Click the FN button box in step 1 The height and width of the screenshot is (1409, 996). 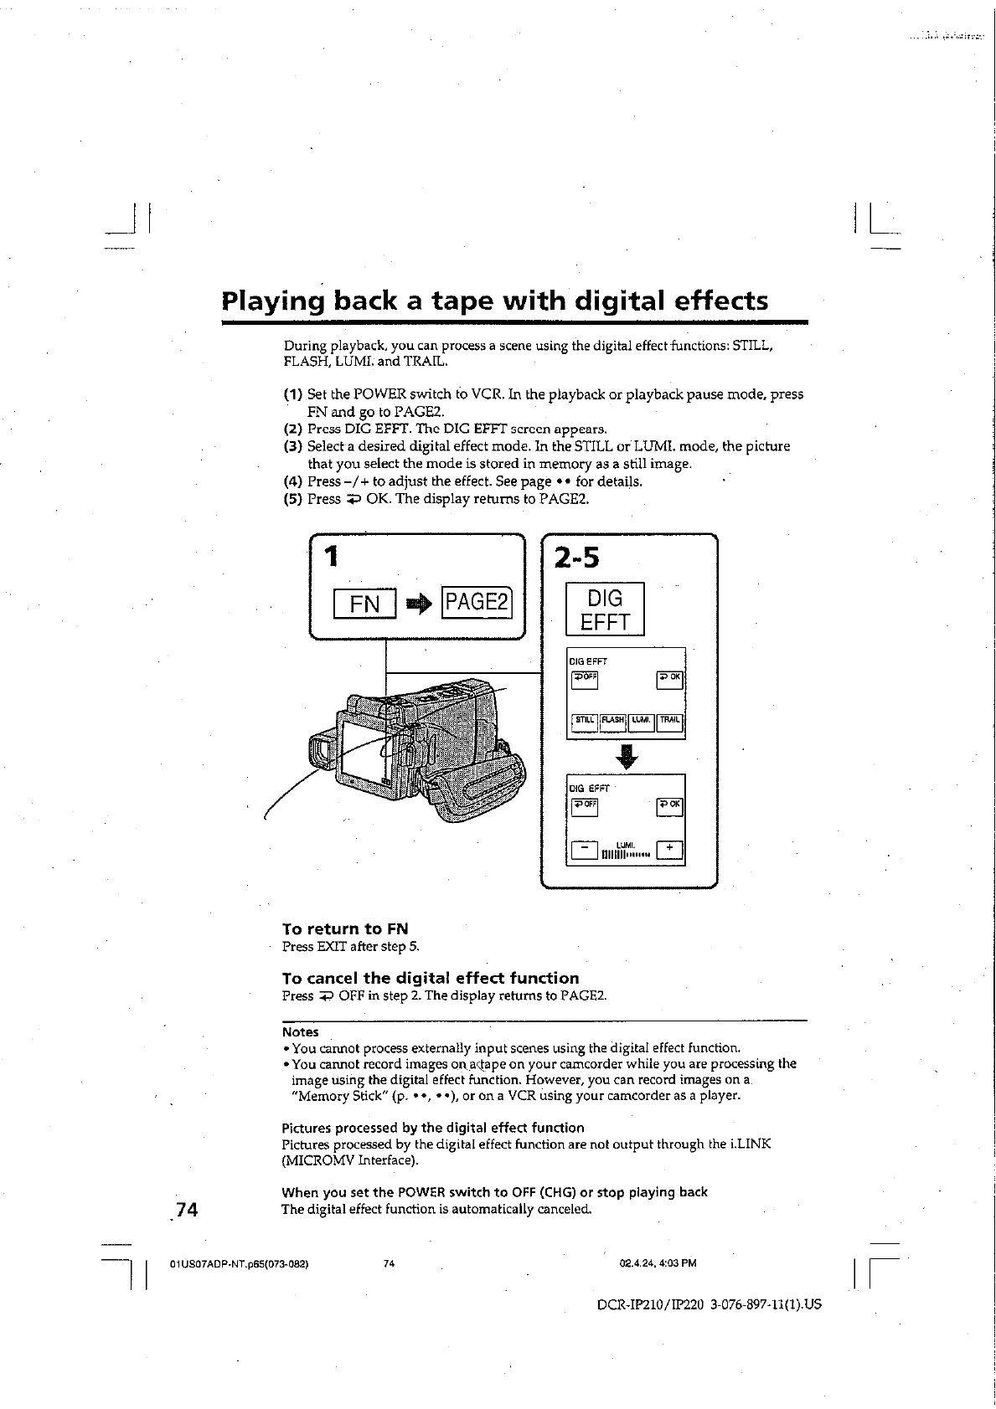[364, 604]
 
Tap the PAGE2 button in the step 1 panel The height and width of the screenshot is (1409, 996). [477, 603]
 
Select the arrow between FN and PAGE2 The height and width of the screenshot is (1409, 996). [419, 604]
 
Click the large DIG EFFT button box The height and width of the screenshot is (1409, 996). [605, 609]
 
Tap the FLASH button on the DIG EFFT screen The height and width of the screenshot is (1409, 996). [613, 720]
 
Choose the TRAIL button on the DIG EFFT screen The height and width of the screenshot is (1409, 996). [670, 720]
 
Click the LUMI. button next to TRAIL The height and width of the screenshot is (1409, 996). [642, 720]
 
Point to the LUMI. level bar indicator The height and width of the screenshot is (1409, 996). [626, 854]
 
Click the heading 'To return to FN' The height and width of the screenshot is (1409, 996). [345, 928]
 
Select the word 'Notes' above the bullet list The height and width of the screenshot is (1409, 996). [300, 1032]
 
